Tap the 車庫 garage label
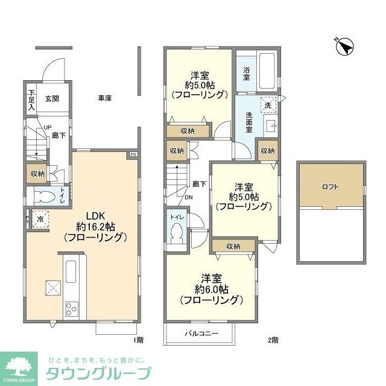106,98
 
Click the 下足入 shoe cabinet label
32,100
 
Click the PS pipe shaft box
133,154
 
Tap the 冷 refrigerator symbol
40,219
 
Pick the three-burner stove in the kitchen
71,309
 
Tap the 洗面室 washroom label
249,122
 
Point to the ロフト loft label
331,186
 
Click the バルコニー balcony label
201,333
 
